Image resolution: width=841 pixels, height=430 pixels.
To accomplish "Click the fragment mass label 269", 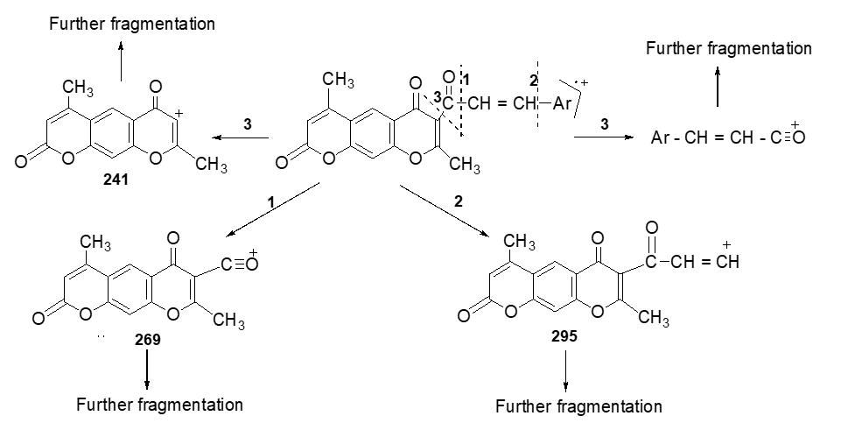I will (147, 340).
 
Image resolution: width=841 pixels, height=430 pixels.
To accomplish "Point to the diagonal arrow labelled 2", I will (445, 210).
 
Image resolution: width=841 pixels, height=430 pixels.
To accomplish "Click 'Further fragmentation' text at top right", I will (728, 48).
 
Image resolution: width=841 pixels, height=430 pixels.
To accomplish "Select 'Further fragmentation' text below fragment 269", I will (159, 405).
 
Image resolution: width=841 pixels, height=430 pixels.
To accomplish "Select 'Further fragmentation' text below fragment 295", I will (578, 406).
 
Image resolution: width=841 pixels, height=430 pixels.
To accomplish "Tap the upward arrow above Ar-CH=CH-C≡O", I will (718, 88).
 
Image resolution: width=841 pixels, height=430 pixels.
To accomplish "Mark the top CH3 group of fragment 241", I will (78, 88).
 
